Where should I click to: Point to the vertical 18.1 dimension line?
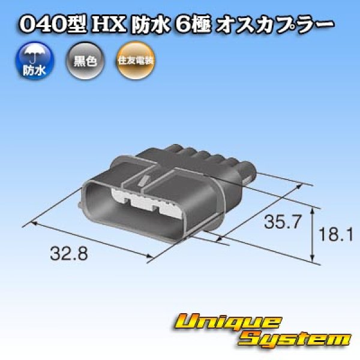tap(313, 235)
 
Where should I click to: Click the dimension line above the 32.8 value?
tap(90, 239)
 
